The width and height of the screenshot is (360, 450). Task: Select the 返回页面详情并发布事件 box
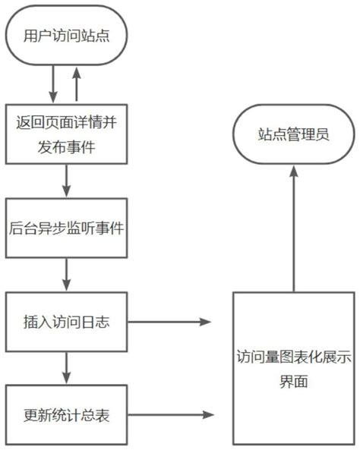click(x=66, y=133)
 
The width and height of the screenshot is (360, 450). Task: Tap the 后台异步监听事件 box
click(x=66, y=227)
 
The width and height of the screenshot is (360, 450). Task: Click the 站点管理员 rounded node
click(x=292, y=135)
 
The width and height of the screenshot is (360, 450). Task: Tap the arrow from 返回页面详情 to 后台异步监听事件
click(x=66, y=180)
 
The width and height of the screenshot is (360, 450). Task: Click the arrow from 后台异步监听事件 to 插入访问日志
click(x=66, y=274)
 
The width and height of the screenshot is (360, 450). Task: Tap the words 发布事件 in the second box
click(x=67, y=146)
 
